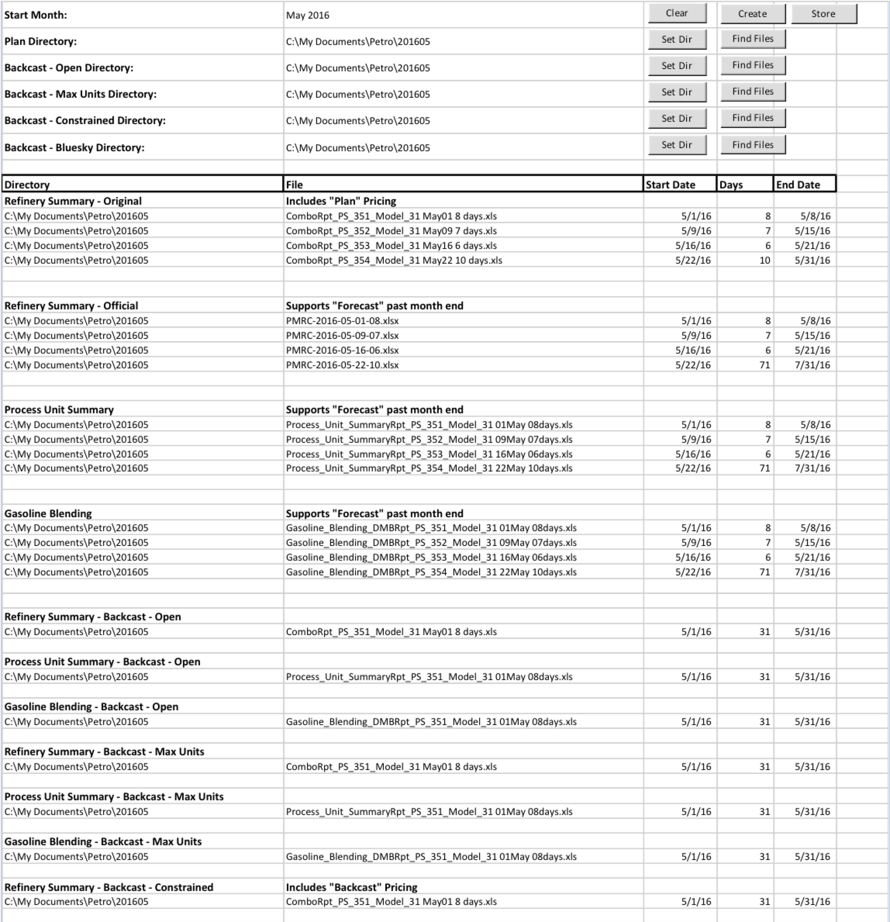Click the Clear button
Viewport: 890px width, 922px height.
click(677, 13)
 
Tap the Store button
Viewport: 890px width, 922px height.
click(823, 14)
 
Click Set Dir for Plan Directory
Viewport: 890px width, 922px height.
click(677, 40)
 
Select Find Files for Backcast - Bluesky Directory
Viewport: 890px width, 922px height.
click(753, 145)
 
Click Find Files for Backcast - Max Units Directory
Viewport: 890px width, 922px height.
click(753, 92)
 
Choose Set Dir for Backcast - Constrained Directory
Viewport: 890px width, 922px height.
click(677, 118)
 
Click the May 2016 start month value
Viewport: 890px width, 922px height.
click(308, 16)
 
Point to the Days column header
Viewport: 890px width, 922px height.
click(731, 185)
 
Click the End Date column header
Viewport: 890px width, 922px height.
click(798, 185)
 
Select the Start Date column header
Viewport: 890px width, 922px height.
click(670, 185)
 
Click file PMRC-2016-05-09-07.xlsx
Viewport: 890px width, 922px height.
click(342, 335)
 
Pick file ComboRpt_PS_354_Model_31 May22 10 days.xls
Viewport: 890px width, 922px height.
click(394, 260)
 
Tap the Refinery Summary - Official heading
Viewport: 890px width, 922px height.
click(71, 306)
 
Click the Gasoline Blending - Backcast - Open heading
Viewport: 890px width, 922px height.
click(91, 706)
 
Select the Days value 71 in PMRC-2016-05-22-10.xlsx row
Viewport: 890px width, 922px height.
click(764, 365)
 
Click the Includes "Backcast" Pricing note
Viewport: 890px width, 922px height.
click(352, 887)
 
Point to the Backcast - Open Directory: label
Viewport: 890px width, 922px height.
click(69, 68)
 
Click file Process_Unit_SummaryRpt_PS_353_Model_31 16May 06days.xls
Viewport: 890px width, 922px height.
click(429, 454)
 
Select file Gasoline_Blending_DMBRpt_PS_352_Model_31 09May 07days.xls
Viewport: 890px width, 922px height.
click(431, 542)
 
